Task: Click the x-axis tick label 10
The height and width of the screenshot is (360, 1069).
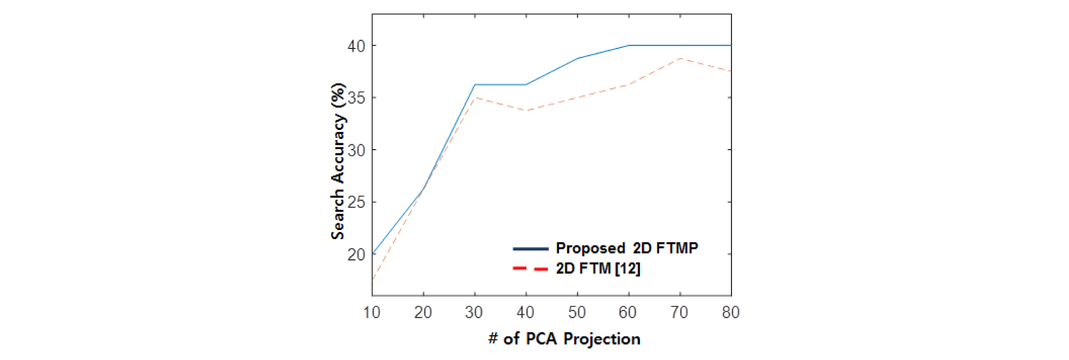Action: tap(372, 312)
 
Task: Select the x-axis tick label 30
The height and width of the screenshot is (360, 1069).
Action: tap(474, 312)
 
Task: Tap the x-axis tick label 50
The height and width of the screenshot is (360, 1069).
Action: tap(577, 312)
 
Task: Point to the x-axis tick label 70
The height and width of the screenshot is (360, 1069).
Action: tap(679, 312)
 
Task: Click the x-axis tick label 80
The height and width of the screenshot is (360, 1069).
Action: tap(730, 312)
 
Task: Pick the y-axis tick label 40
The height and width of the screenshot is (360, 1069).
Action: tap(356, 46)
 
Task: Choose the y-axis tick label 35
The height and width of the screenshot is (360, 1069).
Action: tap(356, 98)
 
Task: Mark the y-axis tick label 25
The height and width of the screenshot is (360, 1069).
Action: tap(356, 202)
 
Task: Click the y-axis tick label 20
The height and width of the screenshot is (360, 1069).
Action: tap(356, 255)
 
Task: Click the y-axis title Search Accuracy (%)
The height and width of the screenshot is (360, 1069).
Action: tap(338, 161)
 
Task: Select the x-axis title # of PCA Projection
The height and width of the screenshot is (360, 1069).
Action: tap(564, 339)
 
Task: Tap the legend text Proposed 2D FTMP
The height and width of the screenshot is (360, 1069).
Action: tap(627, 248)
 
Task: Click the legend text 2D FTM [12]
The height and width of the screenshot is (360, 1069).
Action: tap(598, 268)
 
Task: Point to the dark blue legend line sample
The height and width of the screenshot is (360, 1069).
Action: tap(530, 249)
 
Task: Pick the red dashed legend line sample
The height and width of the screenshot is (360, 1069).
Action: tap(530, 268)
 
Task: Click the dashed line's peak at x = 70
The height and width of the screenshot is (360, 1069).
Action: tap(680, 58)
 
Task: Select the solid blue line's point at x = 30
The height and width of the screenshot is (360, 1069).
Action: tap(475, 85)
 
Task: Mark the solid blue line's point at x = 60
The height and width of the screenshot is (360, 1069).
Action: tap(629, 45)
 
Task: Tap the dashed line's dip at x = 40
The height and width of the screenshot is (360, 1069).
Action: tap(527, 110)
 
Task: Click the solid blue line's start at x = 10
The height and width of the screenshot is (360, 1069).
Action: tap(373, 253)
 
